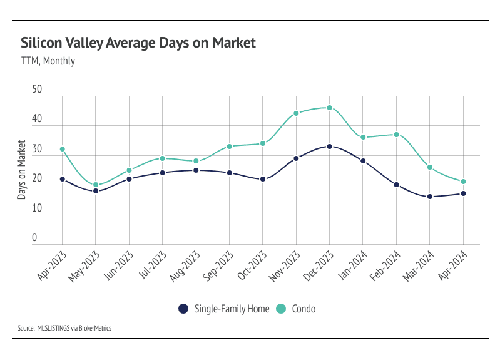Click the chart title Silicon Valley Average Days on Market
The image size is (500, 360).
(138, 43)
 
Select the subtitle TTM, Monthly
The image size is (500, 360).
(48, 61)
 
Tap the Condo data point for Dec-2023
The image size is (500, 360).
(329, 108)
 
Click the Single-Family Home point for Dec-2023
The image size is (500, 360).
(329, 147)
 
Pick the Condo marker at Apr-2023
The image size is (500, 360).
(63, 149)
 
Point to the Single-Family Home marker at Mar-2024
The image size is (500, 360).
(429, 197)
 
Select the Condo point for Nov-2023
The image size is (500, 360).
(296, 113)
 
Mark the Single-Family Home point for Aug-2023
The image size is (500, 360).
(196, 170)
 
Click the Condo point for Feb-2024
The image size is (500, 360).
(396, 135)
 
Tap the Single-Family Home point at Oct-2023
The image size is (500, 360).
(263, 179)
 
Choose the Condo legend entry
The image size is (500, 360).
(297, 309)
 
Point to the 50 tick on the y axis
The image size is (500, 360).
(37, 90)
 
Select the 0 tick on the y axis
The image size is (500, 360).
(34, 239)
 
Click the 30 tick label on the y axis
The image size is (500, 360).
(37, 149)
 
